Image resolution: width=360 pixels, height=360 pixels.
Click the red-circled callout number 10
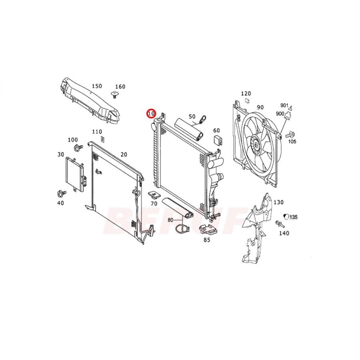151,114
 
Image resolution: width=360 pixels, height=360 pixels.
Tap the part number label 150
97,86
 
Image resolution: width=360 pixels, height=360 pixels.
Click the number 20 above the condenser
124,155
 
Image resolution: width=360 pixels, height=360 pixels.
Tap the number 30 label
61,154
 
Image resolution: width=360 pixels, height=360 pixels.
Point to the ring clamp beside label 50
203,119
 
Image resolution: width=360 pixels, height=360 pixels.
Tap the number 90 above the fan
260,107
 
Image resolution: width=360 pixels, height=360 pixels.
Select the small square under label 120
247,101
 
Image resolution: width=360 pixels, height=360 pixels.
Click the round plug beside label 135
286,216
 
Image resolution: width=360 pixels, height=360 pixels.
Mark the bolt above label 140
278,224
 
